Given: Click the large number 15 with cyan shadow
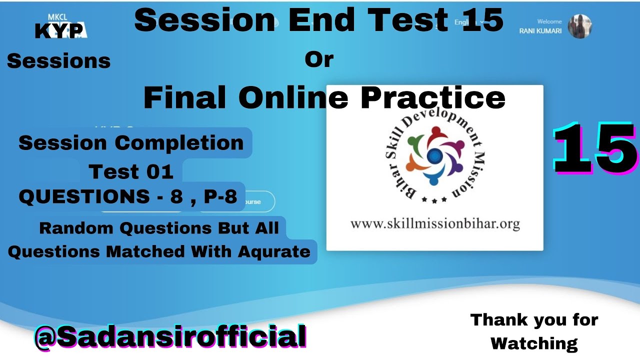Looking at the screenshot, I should click(x=595, y=149).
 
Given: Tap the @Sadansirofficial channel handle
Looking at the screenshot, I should click(x=170, y=336).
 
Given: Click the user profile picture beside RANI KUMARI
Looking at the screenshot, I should click(x=580, y=26).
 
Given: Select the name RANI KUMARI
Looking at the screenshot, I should click(x=540, y=31).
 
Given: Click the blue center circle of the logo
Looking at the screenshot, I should click(x=434, y=156).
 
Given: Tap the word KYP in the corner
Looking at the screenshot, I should click(x=59, y=31).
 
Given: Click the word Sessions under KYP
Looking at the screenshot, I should click(x=58, y=61).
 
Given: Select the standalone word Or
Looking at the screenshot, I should click(x=319, y=59).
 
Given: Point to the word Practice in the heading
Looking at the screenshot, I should click(x=432, y=97).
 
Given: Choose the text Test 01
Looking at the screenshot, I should click(x=131, y=172).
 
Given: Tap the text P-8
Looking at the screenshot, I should click(x=220, y=197).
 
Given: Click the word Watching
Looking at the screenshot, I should click(x=534, y=343).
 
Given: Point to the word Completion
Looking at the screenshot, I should click(x=179, y=143).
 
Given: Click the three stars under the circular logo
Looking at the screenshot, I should click(x=433, y=199).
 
